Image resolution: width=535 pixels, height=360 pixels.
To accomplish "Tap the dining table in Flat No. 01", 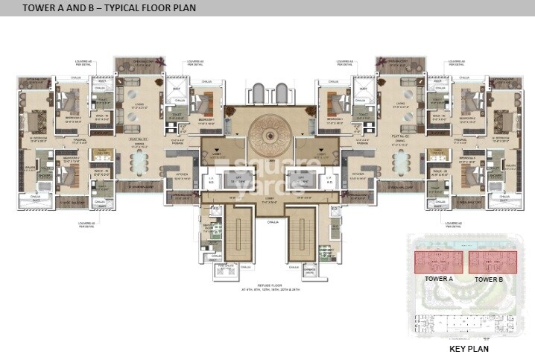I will click(x=139, y=162).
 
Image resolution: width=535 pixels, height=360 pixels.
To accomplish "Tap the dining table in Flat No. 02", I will click(x=401, y=162).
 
